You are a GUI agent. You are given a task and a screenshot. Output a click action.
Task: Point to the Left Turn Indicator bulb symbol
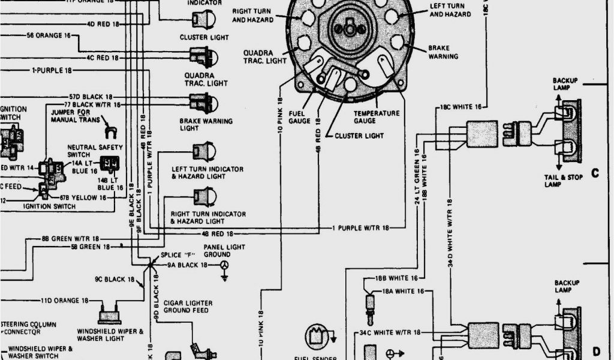pyautogui.click(x=203, y=151)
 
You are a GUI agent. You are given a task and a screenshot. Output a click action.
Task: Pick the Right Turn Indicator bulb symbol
pyautogui.click(x=203, y=196)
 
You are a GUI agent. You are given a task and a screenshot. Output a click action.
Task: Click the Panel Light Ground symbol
pyautogui.click(x=225, y=267)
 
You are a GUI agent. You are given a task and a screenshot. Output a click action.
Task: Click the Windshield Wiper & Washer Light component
pyautogui.click(x=109, y=314)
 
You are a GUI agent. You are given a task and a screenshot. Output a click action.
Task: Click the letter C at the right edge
pyautogui.click(x=595, y=173)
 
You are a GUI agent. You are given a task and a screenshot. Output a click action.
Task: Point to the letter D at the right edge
pyautogui.click(x=596, y=351)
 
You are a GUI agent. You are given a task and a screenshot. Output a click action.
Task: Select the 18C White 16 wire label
pyautogui.click(x=460, y=107)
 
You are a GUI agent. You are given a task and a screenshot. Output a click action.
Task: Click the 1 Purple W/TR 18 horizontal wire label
pyautogui.click(x=360, y=228)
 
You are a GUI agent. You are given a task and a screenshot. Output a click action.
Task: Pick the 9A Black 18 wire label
pyautogui.click(x=187, y=265)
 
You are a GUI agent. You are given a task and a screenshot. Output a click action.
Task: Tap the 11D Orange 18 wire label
pyautogui.click(x=64, y=300)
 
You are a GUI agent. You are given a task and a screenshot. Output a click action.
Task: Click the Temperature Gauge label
pyautogui.click(x=376, y=117)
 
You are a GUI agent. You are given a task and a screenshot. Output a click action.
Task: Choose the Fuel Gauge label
pyautogui.click(x=299, y=117)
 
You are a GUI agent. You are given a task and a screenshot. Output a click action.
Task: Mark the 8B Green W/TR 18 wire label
pyautogui.click(x=67, y=238)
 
